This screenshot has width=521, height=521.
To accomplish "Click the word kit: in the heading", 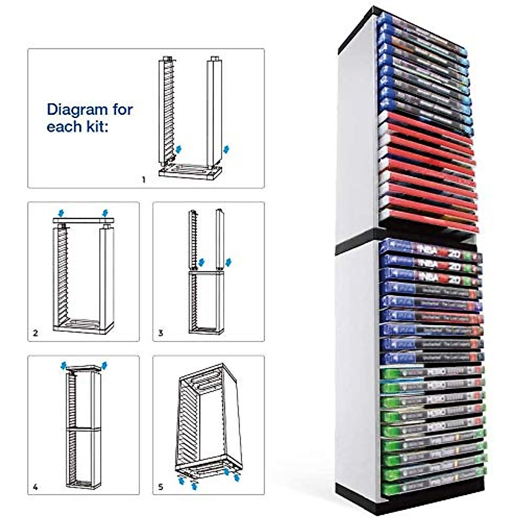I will coord(96,127).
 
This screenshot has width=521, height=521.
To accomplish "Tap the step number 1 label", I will coord(144,179).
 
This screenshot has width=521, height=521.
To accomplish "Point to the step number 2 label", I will coord(36,333).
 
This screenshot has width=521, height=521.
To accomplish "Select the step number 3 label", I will coord(161,333).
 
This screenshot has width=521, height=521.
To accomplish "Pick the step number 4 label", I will coord(36,487).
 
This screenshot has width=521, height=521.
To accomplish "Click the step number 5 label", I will coord(161,487).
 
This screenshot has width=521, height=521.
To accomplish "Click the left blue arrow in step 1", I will coord(178,150).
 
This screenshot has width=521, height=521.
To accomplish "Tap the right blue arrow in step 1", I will coord(225,150).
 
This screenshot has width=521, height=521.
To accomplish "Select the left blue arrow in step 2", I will coord(61,213).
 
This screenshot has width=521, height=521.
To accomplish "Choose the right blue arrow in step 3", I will coord(228,262).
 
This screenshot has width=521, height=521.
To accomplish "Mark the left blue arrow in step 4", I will coord(64,366).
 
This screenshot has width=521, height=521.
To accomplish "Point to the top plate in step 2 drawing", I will coord(83,221).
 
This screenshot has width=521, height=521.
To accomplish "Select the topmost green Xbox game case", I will coord(432,373).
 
